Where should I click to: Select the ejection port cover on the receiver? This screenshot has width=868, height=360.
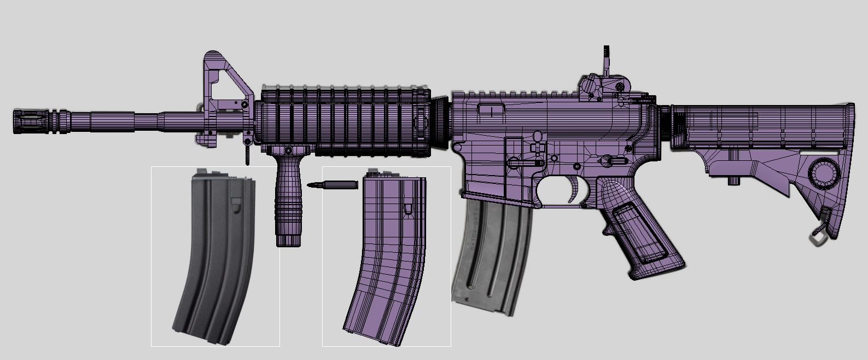(x=492, y=109)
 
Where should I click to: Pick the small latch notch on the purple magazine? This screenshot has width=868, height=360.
(x=408, y=208)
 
